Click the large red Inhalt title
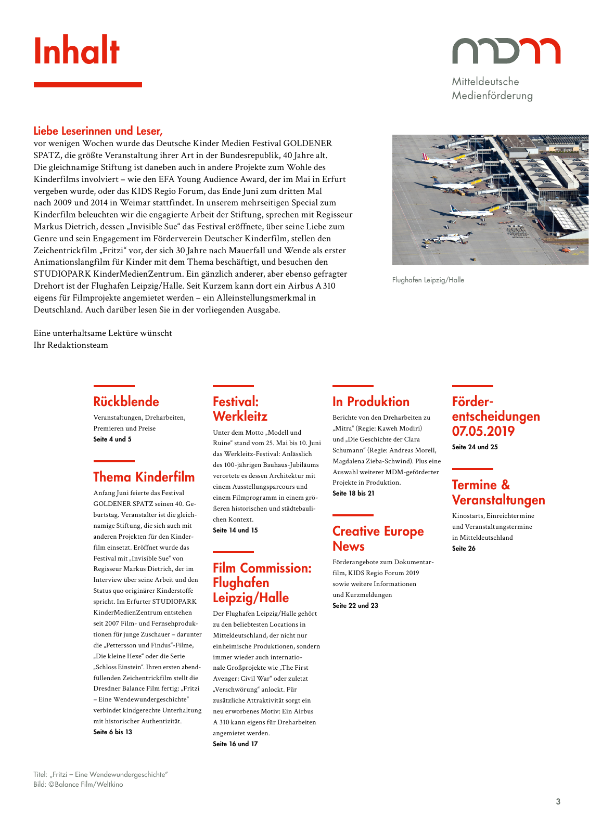click(76, 51)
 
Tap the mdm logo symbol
click(506, 50)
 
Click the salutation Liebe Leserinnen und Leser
click(98, 131)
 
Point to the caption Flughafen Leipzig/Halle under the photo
click(428, 280)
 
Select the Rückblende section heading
click(126, 401)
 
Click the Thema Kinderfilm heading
click(144, 477)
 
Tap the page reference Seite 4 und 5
click(112, 439)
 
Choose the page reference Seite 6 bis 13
click(113, 732)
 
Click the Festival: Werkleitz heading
click(240, 409)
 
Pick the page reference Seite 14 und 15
click(235, 530)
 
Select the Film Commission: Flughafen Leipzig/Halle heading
click(262, 583)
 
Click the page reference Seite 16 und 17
click(235, 744)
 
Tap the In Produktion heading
click(370, 401)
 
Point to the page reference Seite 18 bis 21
click(353, 493)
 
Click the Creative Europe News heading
click(378, 539)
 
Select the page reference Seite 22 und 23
click(355, 606)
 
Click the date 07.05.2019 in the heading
click(483, 431)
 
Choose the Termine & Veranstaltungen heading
click(498, 492)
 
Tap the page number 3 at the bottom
click(558, 801)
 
